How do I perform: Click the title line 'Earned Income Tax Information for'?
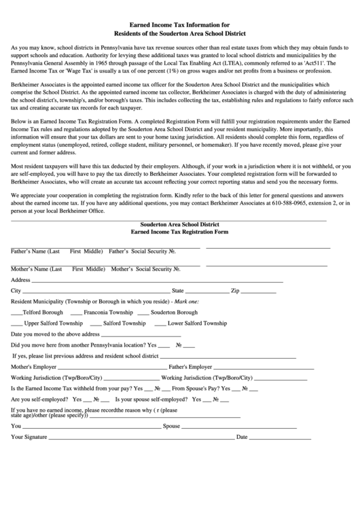[x=179, y=23]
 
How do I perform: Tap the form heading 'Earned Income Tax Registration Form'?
[x=179, y=232]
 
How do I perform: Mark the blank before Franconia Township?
[x=76, y=313]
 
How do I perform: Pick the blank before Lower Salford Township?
[x=160, y=324]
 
